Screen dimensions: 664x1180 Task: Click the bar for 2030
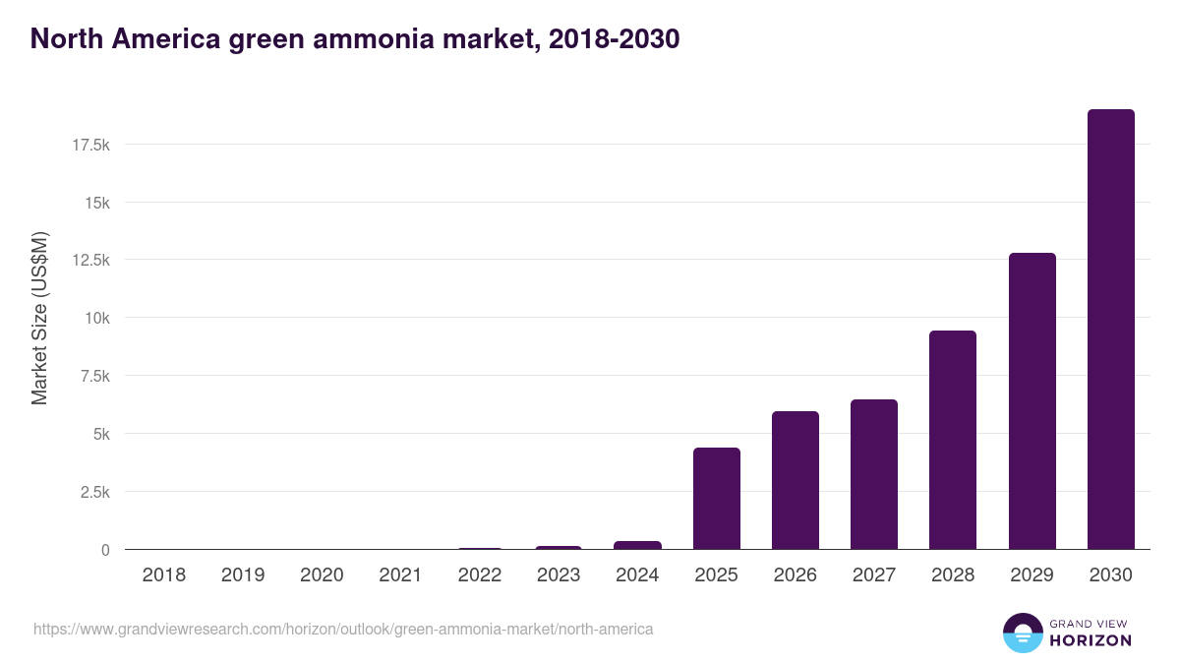[x=1110, y=330]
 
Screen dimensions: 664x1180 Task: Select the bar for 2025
[x=716, y=499]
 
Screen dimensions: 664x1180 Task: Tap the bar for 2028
[x=953, y=440]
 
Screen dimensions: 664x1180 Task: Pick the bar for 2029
[x=1032, y=401]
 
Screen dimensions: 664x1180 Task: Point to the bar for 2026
[x=795, y=480]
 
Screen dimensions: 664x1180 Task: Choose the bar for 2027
[x=874, y=474]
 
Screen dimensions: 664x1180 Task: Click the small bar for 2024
[x=637, y=545]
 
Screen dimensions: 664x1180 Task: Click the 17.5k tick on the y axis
[x=90, y=145]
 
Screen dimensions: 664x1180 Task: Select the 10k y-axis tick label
[x=96, y=318]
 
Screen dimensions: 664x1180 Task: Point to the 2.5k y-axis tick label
[x=93, y=492]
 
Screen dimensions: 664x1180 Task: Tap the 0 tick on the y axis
[x=105, y=550]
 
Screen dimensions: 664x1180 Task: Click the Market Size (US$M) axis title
[x=39, y=319]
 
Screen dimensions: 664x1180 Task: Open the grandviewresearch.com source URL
[x=343, y=629]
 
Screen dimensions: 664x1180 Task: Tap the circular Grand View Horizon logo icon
[x=1022, y=633]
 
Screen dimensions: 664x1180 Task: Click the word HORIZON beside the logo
[x=1091, y=640]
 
